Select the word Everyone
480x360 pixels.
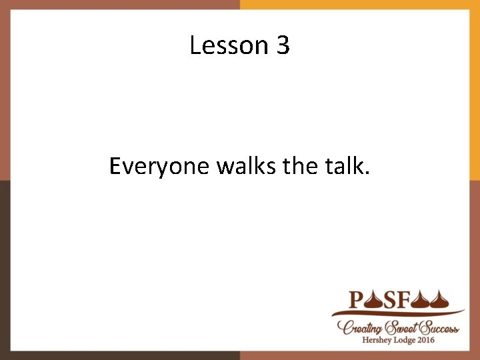click(160, 166)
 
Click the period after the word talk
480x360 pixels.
click(366, 173)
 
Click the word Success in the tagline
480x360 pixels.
click(439, 327)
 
